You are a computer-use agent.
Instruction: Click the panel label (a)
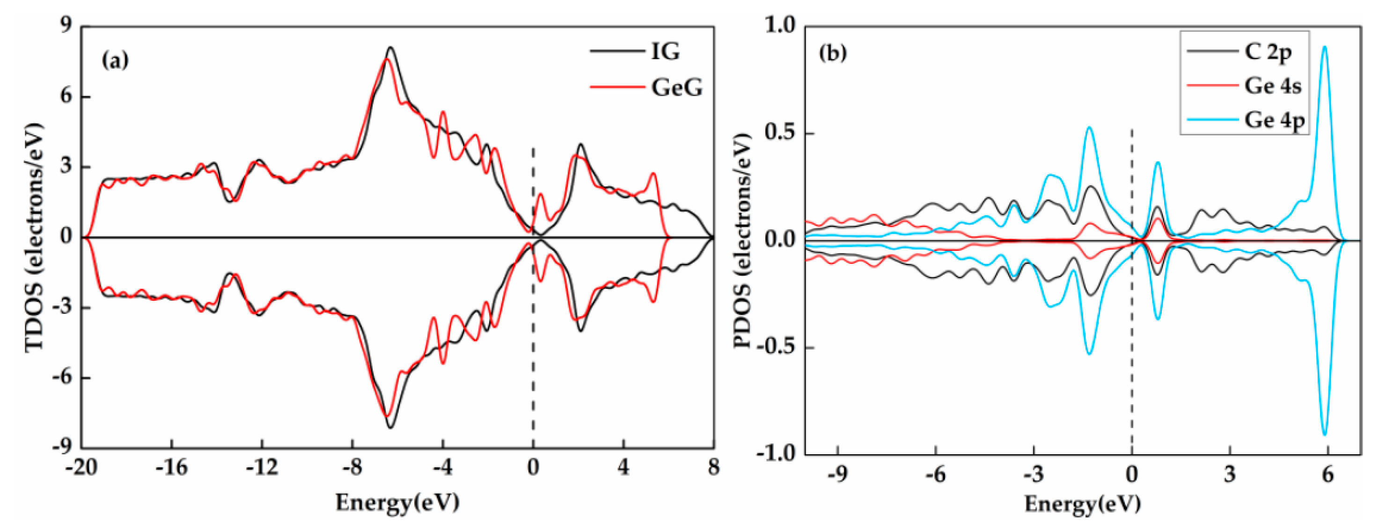[115, 60]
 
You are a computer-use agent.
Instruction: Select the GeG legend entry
[676, 87]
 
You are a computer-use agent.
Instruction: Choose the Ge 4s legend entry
[1272, 86]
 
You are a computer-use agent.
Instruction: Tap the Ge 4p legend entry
[1274, 120]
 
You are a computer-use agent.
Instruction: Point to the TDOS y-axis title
[35, 237]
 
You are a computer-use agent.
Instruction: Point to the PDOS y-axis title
[742, 240]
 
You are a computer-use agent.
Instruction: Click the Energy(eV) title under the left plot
[397, 502]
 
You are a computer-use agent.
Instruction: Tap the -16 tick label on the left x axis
[171, 468]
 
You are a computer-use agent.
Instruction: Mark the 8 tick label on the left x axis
[713, 468]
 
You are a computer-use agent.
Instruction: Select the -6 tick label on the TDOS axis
[62, 378]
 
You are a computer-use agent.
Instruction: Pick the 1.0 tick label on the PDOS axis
[780, 25]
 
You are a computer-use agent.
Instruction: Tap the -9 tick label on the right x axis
[837, 475]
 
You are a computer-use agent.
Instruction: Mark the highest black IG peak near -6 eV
[390, 48]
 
